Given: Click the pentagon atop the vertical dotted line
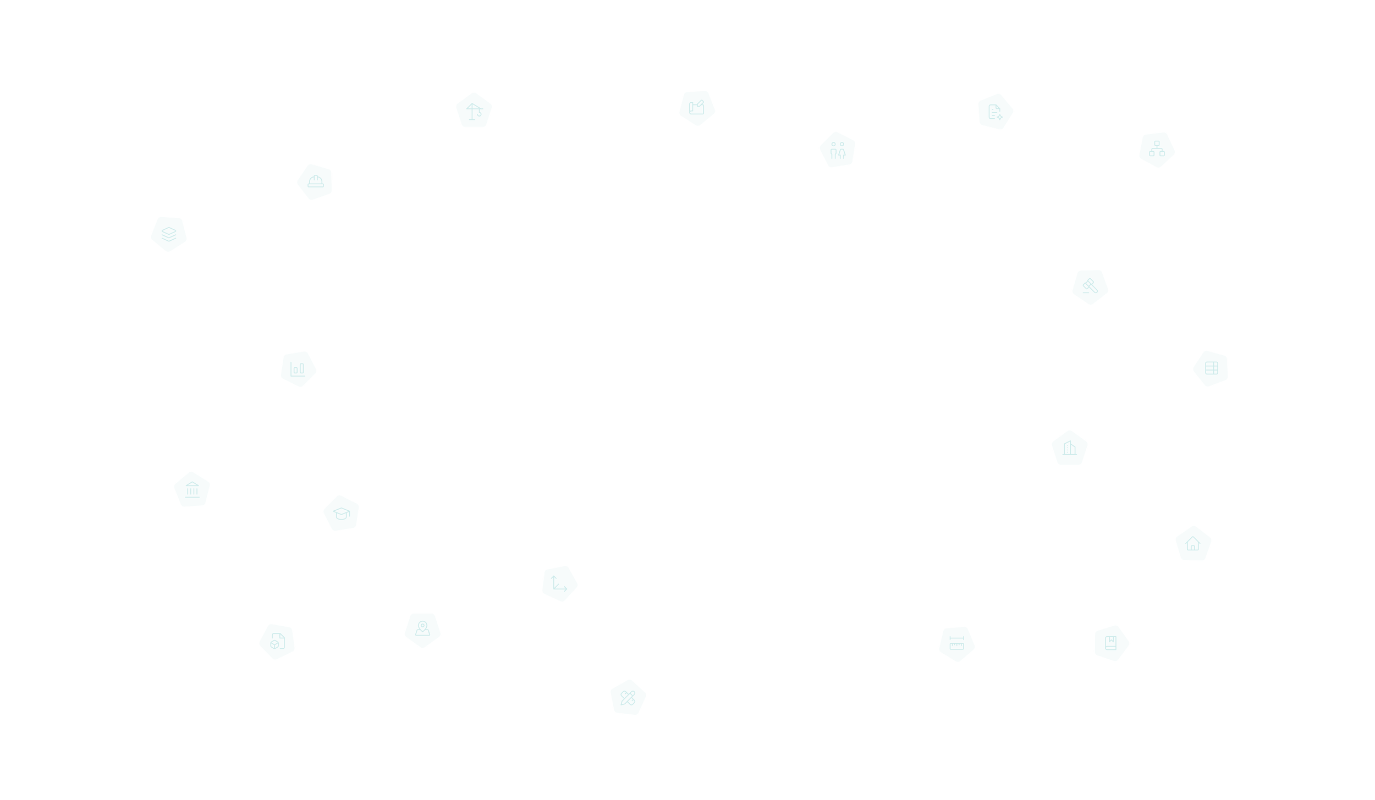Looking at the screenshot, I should (x=697, y=108).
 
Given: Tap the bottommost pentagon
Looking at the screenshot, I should (x=628, y=697).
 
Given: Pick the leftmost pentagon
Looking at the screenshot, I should (x=168, y=234).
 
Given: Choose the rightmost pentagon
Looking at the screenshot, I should (x=1210, y=368).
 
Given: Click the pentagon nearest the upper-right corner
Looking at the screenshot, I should (x=1156, y=150).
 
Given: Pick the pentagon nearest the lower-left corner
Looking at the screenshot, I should (x=277, y=641).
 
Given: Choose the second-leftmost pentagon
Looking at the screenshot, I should (x=192, y=489).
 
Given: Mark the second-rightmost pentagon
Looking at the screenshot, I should (x=1193, y=544).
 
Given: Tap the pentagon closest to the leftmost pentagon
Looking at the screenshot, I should (x=315, y=181).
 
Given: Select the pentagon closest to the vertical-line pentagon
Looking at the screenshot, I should (x=837, y=149).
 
